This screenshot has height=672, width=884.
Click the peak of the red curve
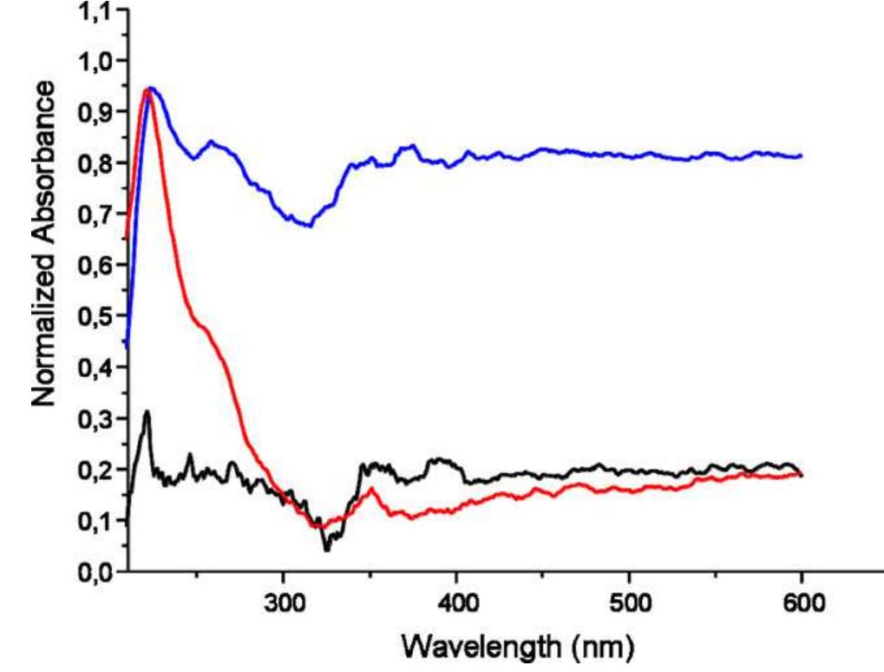(x=146, y=89)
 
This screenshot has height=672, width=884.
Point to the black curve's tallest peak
(x=147, y=412)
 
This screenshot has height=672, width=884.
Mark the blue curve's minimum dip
(x=308, y=226)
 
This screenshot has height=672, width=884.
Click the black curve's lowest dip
(x=327, y=550)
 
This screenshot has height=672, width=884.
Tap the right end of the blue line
(x=801, y=156)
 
